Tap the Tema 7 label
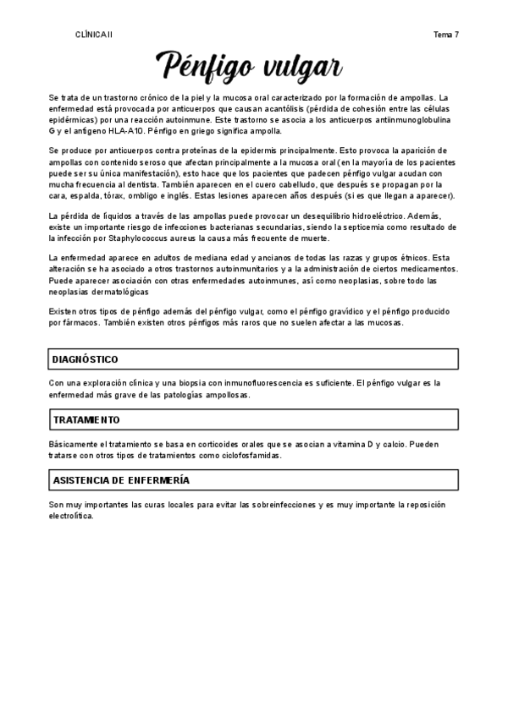445,35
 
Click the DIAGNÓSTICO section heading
86,359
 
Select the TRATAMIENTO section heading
86,419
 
